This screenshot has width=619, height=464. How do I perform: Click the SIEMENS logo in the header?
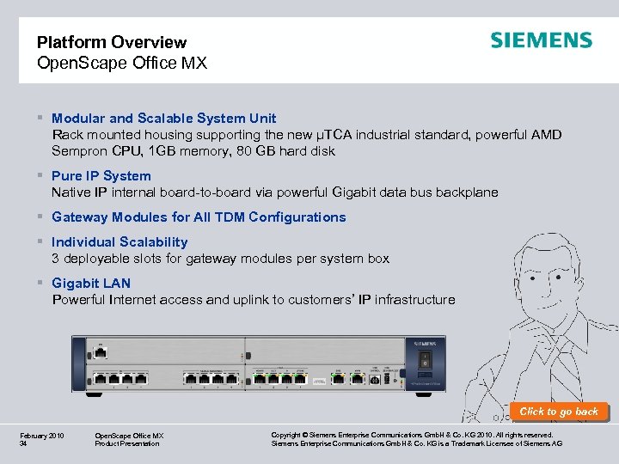pyautogui.click(x=541, y=40)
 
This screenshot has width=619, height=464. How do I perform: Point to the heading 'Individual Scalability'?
pyautogui.click(x=120, y=242)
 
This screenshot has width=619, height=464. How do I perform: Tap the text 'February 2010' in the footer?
pyautogui.click(x=41, y=436)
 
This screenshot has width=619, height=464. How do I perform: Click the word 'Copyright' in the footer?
pyautogui.click(x=288, y=436)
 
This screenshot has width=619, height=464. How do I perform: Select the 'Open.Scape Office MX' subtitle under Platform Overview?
pyautogui.click(x=122, y=63)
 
